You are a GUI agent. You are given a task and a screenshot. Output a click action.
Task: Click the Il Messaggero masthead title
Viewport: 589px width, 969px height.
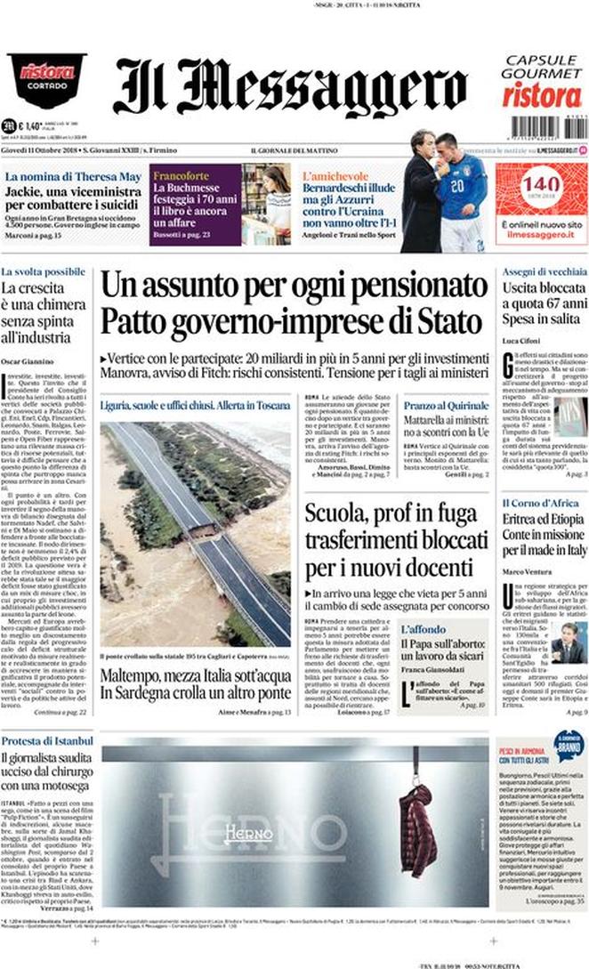click(290, 87)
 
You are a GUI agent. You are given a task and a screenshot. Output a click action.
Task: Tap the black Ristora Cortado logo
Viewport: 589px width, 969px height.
click(46, 80)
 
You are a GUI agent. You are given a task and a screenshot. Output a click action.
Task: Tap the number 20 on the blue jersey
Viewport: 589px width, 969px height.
click(456, 187)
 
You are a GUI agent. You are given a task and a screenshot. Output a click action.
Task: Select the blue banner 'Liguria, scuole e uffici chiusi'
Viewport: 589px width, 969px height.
click(195, 405)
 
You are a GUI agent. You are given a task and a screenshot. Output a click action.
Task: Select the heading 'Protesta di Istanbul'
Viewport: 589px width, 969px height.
click(47, 740)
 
